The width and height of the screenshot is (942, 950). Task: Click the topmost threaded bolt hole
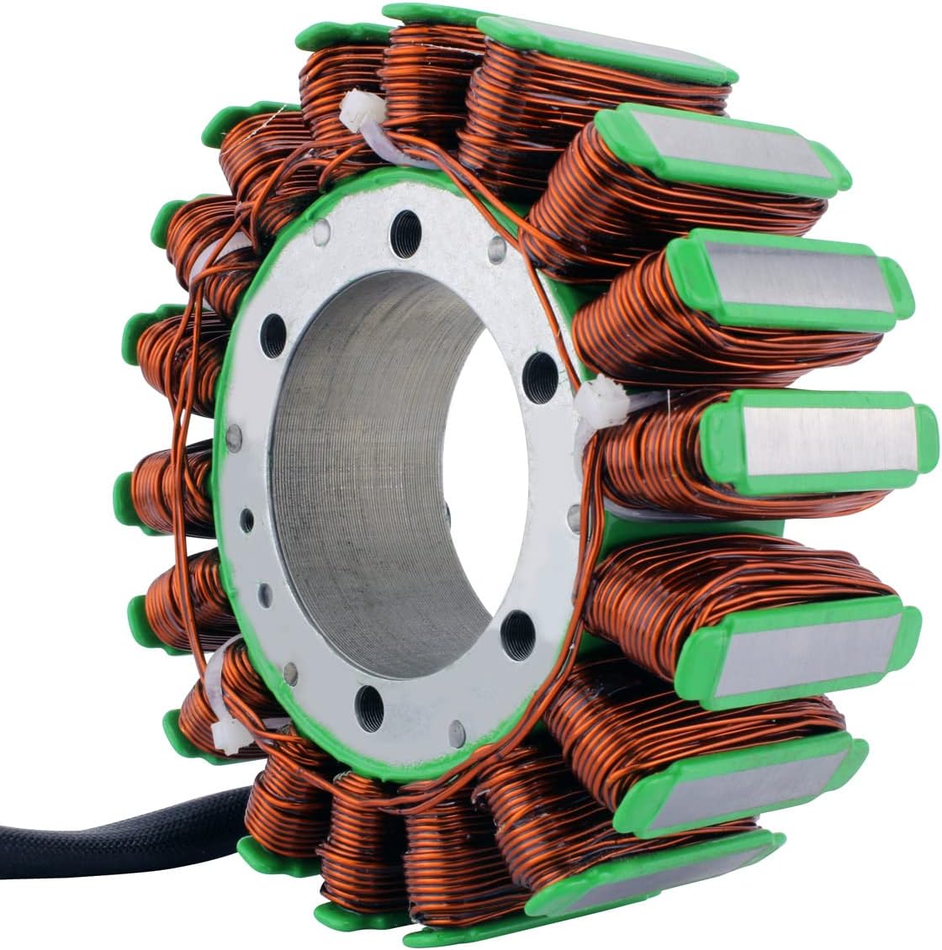pyautogui.click(x=408, y=225)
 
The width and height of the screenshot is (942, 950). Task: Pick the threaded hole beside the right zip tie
pyautogui.click(x=539, y=371)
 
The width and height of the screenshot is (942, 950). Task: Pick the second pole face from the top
pyautogui.click(x=723, y=151)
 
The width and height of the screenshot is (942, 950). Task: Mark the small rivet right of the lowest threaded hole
pyautogui.click(x=456, y=726)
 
